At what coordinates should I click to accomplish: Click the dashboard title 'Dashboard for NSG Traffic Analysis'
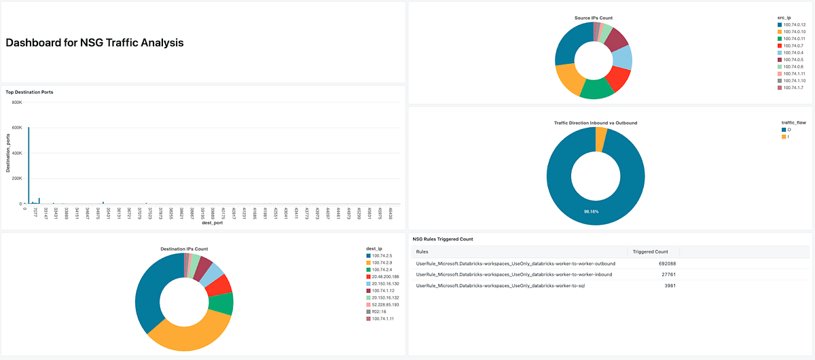[94, 43]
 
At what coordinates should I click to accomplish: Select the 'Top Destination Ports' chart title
[29, 91]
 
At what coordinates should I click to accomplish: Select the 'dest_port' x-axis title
[213, 223]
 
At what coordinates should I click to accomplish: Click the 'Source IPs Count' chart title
[593, 18]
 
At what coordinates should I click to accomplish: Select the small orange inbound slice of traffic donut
[600, 139]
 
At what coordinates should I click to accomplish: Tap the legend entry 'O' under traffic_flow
[789, 130]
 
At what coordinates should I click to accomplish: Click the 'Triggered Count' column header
[650, 251]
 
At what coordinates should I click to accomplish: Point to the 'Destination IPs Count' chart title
[183, 249]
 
